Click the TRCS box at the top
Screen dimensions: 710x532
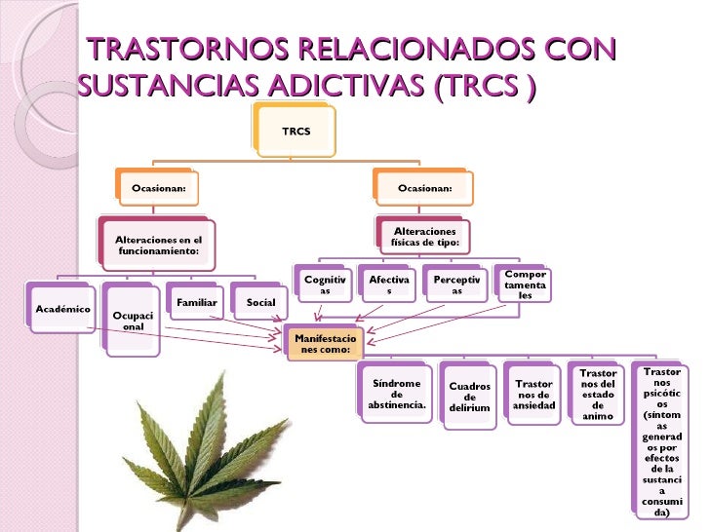[296, 130]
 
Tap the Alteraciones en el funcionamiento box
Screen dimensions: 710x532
[158, 245]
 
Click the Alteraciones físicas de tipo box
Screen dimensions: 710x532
[424, 237]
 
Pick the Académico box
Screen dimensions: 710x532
[62, 309]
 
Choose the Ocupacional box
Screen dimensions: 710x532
[131, 321]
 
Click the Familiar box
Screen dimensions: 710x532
[196, 302]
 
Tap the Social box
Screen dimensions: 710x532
[260, 302]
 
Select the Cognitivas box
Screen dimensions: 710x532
[325, 285]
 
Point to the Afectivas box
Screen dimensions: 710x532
[389, 285]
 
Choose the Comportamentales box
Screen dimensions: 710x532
[525, 285]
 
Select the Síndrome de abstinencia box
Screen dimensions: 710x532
[396, 395]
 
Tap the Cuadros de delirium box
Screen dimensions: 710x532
[469, 397]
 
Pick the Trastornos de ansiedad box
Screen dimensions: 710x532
[533, 395]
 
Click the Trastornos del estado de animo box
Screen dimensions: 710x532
[598, 395]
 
